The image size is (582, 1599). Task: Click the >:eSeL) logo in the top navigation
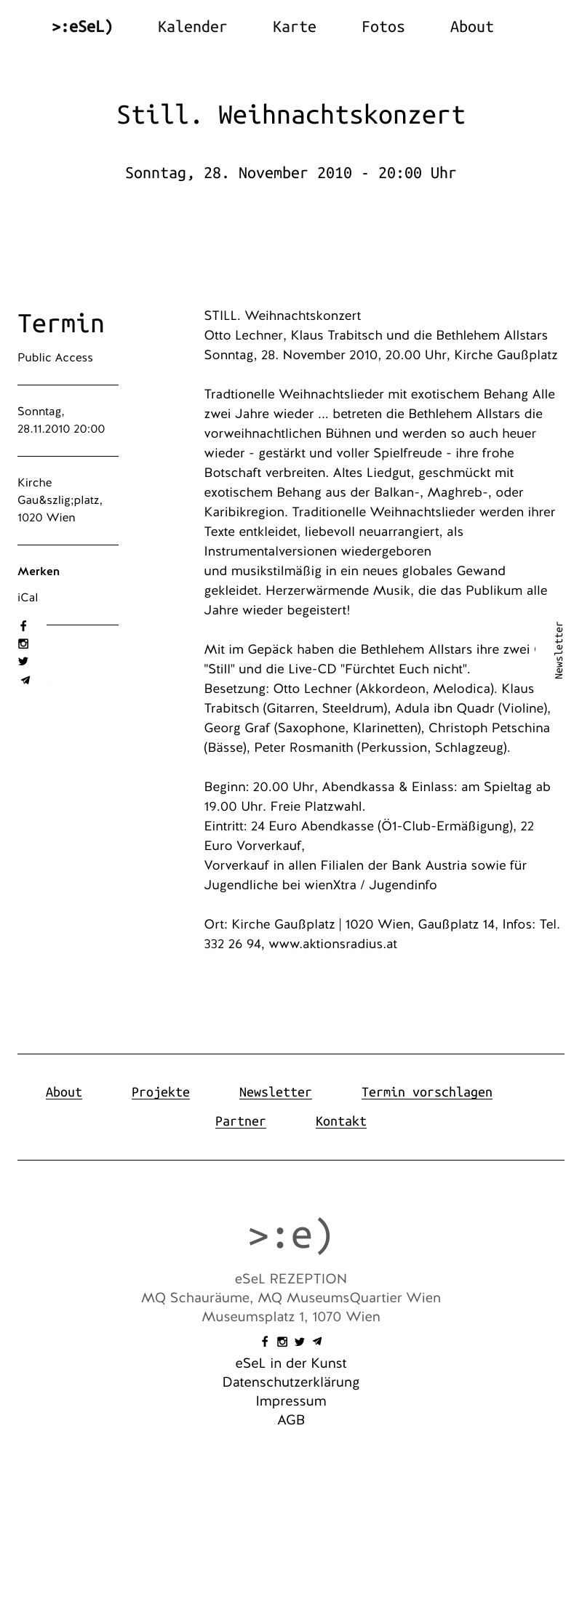coord(82,27)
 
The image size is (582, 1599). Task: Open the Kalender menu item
coord(192,27)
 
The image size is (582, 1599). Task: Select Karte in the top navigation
coord(294,27)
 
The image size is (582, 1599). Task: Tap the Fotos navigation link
coord(383,27)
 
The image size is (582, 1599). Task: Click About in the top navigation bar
coord(471,27)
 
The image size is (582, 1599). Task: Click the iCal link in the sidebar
coord(28,598)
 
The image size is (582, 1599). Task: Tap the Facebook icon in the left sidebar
coord(23,626)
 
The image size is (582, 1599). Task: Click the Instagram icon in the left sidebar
coord(23,644)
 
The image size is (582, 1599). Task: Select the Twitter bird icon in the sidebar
coord(23,661)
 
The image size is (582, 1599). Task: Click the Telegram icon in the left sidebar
coord(25,681)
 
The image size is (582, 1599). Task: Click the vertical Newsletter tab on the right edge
coord(559,650)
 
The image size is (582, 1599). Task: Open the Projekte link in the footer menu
coord(160,1092)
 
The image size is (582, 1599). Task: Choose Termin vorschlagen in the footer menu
coord(426,1092)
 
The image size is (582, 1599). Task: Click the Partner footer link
coord(240,1121)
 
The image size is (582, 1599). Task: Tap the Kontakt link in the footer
coord(340,1121)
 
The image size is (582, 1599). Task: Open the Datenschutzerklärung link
coord(291,1382)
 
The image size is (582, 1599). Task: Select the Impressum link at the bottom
coord(291,1401)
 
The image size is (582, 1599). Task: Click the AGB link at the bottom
coord(291,1420)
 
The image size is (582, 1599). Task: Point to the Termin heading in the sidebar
coord(61,324)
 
